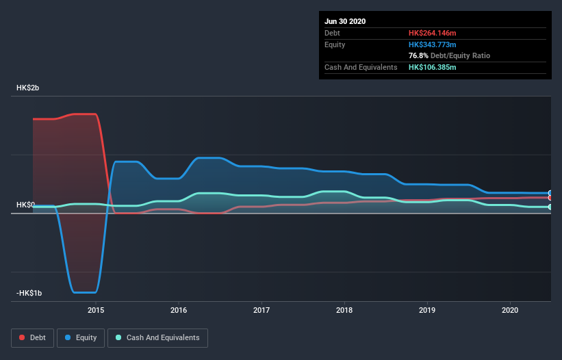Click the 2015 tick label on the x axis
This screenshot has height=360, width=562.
96,310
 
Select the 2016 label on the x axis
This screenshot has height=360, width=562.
179,310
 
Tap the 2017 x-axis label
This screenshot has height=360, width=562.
261,310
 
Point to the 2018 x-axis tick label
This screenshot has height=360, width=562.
344,310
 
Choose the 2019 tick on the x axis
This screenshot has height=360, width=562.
427,310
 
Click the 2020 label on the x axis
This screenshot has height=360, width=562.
510,310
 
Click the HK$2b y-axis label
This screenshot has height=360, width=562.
28,88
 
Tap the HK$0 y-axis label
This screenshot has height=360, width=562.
25,205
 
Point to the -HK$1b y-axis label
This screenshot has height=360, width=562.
29,293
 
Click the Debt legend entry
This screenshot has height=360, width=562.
32,337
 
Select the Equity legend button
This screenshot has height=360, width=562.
81,337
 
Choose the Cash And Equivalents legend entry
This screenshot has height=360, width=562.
157,337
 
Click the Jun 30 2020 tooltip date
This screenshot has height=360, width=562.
345,21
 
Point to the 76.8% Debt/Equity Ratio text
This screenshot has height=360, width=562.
449,55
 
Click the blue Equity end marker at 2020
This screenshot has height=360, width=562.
550,193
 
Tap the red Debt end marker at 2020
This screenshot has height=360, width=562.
550,198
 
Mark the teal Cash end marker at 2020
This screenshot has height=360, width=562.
550,207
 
